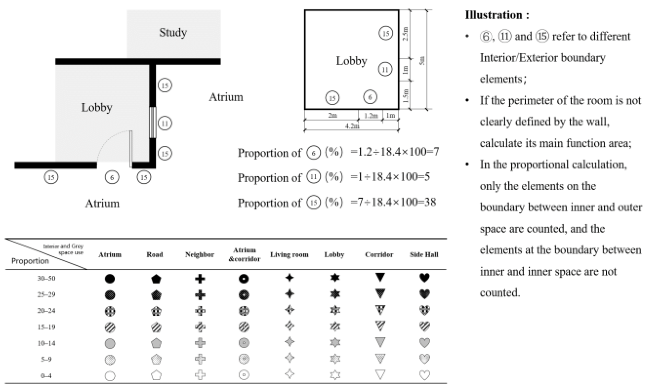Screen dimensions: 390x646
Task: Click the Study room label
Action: (173, 32)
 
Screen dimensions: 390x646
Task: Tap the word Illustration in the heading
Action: (493, 15)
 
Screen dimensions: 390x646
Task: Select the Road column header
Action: (154, 255)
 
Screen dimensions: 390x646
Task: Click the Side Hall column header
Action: (424, 255)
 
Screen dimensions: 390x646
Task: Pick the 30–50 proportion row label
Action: (46, 278)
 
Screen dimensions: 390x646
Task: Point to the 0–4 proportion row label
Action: (46, 376)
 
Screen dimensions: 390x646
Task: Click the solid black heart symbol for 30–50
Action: (424, 278)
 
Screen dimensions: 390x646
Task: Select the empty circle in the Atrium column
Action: (110, 376)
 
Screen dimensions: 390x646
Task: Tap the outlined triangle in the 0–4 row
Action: (380, 375)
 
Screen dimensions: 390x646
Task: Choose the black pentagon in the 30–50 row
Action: (156, 279)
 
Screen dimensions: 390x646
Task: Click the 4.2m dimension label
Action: (352, 126)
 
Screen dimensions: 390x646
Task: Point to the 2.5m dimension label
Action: (405, 33)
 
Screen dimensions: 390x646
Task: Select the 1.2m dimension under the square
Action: (371, 116)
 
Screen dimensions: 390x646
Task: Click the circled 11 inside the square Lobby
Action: (385, 69)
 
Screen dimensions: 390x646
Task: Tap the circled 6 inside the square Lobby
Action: (370, 97)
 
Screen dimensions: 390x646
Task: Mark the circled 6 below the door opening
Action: (112, 177)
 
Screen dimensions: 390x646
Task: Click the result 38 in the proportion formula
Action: (430, 202)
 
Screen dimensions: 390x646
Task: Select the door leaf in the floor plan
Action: (131, 148)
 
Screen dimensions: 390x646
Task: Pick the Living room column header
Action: (289, 255)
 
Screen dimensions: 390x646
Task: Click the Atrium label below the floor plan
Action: (102, 204)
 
